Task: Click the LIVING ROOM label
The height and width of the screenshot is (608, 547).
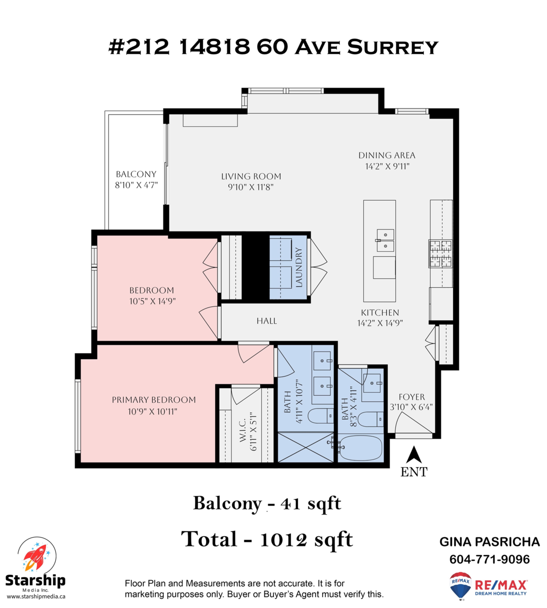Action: coord(251,176)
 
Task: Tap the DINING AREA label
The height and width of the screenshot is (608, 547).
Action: coord(387,155)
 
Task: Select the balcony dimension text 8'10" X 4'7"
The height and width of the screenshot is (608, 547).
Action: coord(136,185)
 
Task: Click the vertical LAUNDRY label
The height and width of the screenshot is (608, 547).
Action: coord(299,268)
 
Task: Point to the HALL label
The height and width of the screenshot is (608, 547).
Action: coord(266,321)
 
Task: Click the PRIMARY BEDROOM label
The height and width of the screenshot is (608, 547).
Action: coord(154,400)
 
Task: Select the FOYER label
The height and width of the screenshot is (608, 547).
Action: coord(412,397)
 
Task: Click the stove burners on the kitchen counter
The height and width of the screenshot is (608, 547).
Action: coord(440,253)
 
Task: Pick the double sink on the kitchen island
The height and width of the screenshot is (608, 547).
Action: coord(385,240)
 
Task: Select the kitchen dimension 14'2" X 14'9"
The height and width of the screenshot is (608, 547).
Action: coord(380,323)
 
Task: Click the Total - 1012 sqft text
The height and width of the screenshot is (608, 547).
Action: coord(267,539)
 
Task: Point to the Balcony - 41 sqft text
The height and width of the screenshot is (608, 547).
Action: coord(267,503)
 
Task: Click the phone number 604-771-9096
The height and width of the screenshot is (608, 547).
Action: coord(489,559)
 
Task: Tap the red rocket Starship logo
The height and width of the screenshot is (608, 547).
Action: coord(35,556)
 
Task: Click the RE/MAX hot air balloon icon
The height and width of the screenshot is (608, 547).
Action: coord(460,586)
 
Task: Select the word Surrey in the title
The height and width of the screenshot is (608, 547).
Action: coord(393,47)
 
